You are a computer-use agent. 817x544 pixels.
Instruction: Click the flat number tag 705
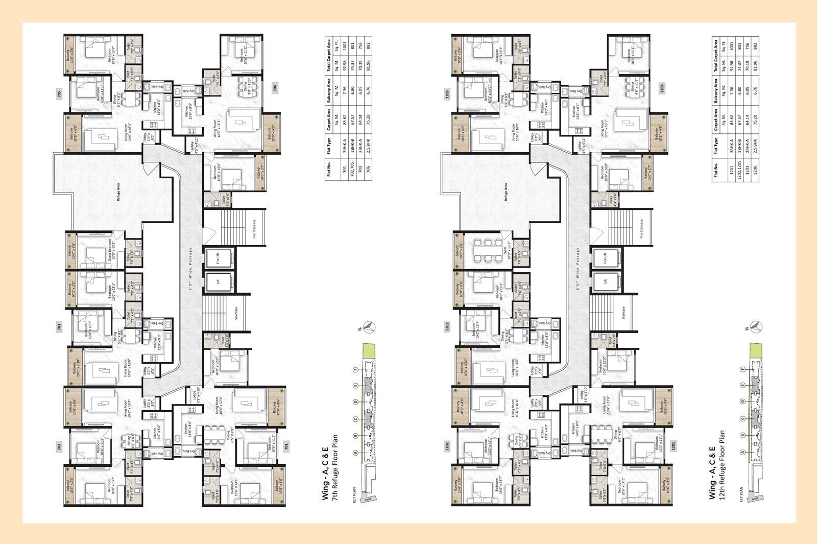tap(59, 94)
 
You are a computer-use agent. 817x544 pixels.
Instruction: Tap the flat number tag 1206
tap(662, 88)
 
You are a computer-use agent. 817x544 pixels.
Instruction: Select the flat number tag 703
tap(59, 326)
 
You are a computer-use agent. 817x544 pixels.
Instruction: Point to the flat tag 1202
tap(448, 446)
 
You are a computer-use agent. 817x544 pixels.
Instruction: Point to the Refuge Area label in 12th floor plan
tap(506, 192)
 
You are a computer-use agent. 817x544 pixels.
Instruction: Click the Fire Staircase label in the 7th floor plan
tap(254, 230)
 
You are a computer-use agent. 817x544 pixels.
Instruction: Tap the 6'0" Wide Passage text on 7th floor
tap(191, 270)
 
